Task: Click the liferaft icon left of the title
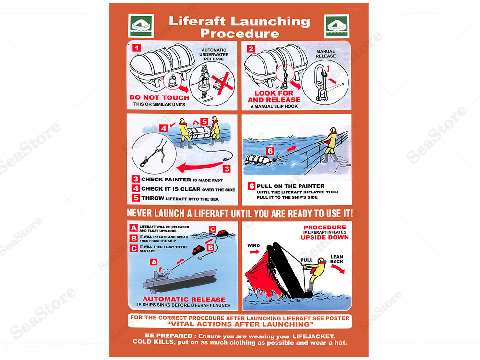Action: pyautogui.click(x=141, y=25)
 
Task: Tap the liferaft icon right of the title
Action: pyautogui.click(x=336, y=25)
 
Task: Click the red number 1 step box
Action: pyautogui.click(x=137, y=48)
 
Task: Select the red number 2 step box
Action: pyautogui.click(x=252, y=48)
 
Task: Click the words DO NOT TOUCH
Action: pyautogui.click(x=159, y=97)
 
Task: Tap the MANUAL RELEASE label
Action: pyautogui.click(x=325, y=54)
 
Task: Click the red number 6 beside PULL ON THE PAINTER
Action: pyautogui.click(x=251, y=186)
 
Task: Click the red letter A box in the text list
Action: pyautogui.click(x=133, y=228)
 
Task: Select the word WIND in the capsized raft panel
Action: pyautogui.click(x=253, y=246)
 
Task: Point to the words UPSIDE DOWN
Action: pyautogui.click(x=324, y=237)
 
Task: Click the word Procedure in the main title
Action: pyautogui.click(x=239, y=33)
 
